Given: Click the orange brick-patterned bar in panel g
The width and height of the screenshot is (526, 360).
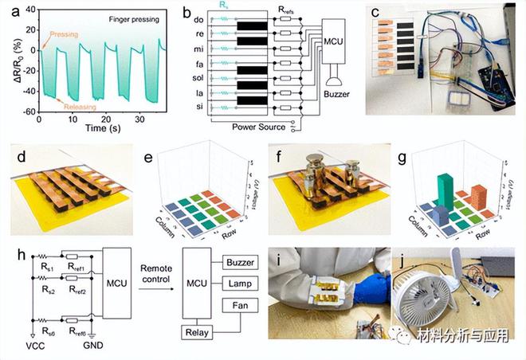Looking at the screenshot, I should click(477, 195).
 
